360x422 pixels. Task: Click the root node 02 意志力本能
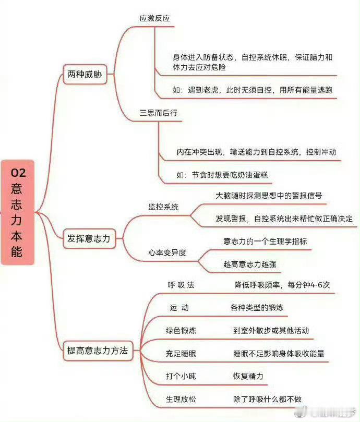pos(18,212)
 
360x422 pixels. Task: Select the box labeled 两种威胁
pos(85,74)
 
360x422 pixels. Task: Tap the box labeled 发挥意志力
pos(89,238)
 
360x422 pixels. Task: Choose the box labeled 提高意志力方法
pos(98,351)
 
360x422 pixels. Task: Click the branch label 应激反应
pos(154,18)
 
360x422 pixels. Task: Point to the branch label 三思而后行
pos(158,113)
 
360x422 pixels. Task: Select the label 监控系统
pos(163,207)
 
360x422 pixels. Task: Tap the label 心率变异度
pos(167,252)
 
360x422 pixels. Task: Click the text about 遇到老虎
pos(253,90)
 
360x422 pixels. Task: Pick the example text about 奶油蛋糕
pos(222,175)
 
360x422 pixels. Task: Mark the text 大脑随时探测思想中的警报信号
pos(269,196)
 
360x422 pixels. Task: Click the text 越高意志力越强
pos(249,264)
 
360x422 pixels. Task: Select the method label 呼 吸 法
pos(181,285)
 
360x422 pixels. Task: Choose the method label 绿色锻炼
pos(181,331)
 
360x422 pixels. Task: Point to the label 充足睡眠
pos(181,353)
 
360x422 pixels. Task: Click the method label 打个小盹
pos(181,376)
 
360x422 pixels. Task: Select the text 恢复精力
pos(248,376)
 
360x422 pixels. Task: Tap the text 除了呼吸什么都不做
pos(267,399)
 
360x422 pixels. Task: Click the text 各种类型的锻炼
pos(257,307)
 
